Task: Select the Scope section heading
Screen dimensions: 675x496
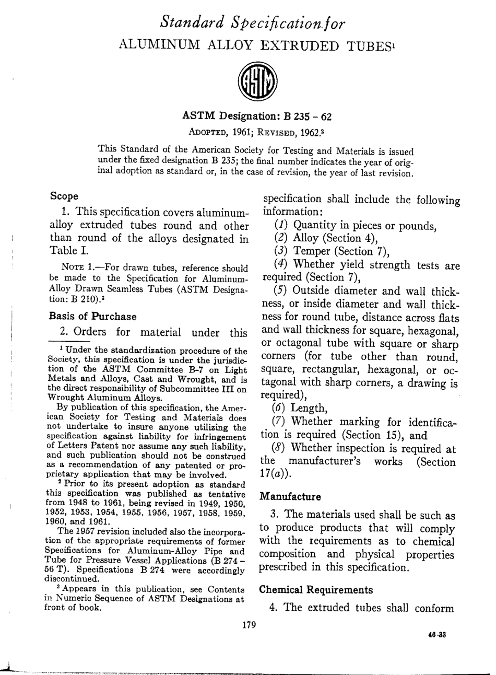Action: coord(64,196)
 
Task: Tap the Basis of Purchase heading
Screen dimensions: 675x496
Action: coord(92,317)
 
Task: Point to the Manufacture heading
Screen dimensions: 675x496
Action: coord(290,496)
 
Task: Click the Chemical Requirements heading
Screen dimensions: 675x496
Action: coord(316,590)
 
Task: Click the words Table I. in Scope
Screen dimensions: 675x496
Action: coord(65,252)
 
